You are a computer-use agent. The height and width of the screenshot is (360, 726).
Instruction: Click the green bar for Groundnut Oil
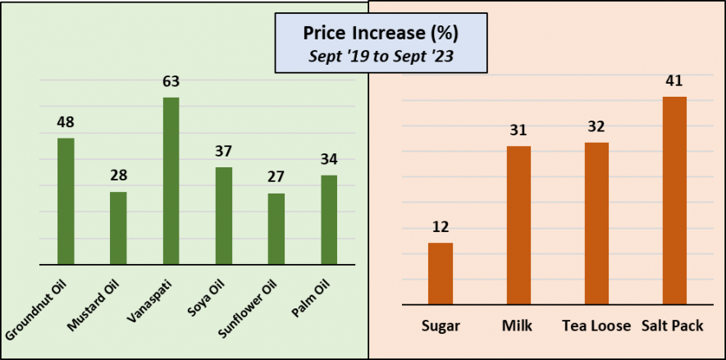pyautogui.click(x=66, y=202)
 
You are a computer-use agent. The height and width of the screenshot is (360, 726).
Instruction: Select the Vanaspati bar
pyautogui.click(x=171, y=181)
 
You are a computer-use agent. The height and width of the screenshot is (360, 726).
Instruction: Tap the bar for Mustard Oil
pyautogui.click(x=118, y=228)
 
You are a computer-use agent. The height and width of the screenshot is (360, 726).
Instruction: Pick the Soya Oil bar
pyautogui.click(x=223, y=216)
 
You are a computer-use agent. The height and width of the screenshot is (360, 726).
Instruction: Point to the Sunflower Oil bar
pyautogui.click(x=276, y=229)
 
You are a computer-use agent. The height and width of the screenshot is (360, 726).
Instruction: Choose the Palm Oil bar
pyautogui.click(x=329, y=220)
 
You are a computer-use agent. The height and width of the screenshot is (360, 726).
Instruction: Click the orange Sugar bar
pyautogui.click(x=441, y=274)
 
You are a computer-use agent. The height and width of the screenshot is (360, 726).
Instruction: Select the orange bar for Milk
pyautogui.click(x=518, y=226)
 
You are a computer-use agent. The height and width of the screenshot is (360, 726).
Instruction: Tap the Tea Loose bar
pyautogui.click(x=596, y=224)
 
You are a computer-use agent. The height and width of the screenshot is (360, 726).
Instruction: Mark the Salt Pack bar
pyautogui.click(x=674, y=201)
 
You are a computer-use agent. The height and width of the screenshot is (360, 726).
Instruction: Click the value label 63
pyautogui.click(x=171, y=82)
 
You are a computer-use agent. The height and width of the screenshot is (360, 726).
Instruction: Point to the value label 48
pyautogui.click(x=66, y=122)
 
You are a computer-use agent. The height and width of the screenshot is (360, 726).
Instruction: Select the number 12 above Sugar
pyautogui.click(x=441, y=227)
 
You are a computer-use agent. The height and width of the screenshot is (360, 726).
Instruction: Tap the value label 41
pyautogui.click(x=674, y=80)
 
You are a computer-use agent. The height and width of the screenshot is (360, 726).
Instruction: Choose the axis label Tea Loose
pyautogui.click(x=596, y=326)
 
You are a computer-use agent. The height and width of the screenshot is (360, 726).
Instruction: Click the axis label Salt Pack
pyautogui.click(x=674, y=326)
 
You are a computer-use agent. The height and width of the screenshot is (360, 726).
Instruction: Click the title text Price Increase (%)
pyautogui.click(x=381, y=34)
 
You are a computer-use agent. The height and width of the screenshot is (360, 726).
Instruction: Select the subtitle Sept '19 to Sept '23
pyautogui.click(x=381, y=57)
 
